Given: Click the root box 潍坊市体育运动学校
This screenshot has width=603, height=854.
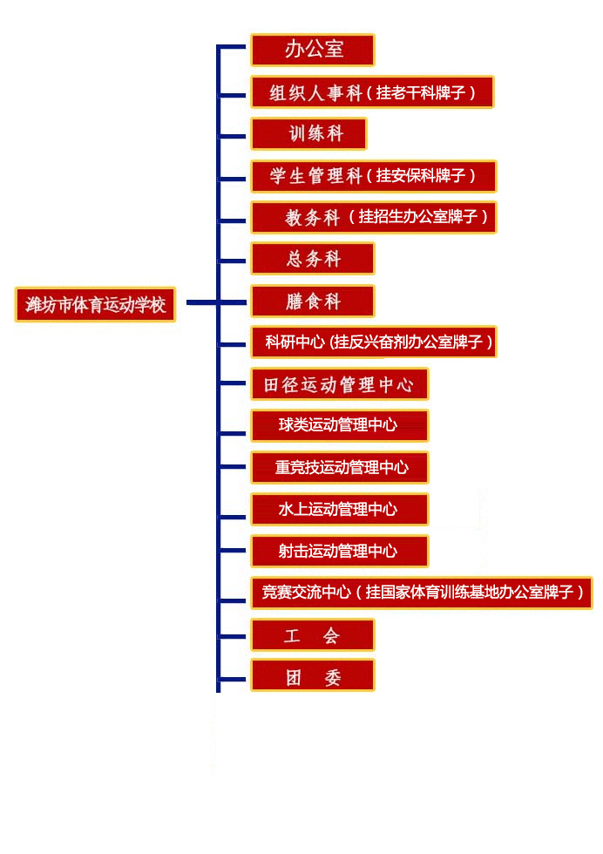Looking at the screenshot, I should point(95,305).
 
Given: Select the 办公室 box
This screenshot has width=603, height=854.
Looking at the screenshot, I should point(313,50).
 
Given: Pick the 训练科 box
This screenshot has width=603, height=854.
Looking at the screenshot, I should point(309,134).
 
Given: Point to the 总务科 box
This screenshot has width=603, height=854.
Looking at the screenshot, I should point(313,259).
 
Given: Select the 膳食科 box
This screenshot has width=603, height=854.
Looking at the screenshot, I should point(313,302).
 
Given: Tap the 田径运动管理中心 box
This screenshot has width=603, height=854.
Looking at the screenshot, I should point(340,384).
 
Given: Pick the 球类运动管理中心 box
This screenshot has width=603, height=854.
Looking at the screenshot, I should point(340,425).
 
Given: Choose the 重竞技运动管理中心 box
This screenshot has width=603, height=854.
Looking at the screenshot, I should point(340,468).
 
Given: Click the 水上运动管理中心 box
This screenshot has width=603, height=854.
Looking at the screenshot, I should point(340,509).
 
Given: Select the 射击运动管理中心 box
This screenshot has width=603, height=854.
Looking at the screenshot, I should point(340,551).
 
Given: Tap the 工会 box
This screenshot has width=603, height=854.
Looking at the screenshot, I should point(313,635).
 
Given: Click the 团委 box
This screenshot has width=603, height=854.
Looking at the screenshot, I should point(313,676).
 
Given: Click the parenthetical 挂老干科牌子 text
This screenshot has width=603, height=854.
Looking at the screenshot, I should point(425,92).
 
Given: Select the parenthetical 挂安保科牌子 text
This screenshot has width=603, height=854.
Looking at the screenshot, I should point(425,176).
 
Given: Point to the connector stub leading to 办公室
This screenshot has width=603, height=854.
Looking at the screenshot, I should point(234,47).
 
